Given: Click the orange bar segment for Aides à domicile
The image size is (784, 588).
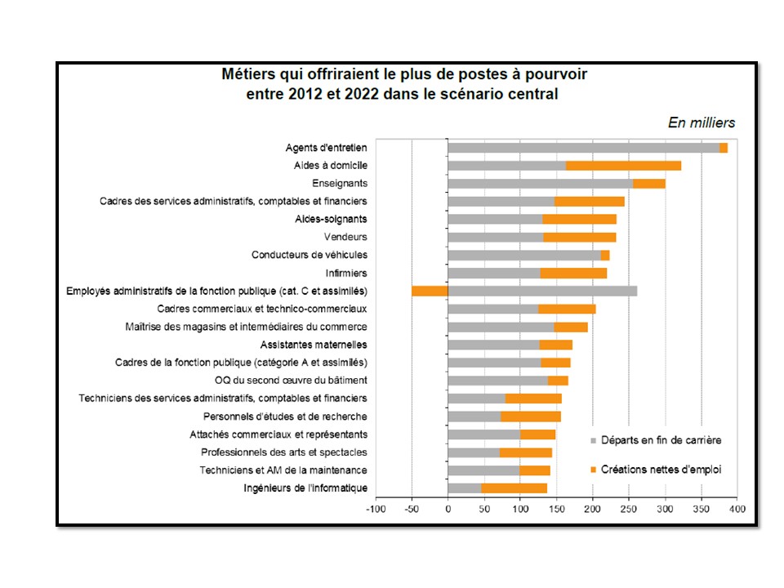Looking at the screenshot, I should pos(623,166).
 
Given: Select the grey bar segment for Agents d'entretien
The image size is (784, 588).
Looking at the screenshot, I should pos(583,148).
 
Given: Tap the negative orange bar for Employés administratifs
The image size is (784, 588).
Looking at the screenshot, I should pos(430,291).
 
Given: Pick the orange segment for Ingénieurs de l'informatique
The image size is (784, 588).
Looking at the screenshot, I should pos(514,488).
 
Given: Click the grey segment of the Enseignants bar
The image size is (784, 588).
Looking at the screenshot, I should pos(540,184).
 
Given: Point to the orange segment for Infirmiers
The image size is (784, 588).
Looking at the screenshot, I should pos(573,273).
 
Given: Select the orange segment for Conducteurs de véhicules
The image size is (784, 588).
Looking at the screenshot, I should pos(605,255).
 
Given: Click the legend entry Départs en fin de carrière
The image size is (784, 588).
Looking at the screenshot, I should pos(661,441).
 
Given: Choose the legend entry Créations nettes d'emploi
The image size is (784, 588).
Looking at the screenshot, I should pos(661,470).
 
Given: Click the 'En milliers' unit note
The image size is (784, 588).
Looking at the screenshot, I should pos(702,123).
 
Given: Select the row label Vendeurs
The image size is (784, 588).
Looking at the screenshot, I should pos(345,237).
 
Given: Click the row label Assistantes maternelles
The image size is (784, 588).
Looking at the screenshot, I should pos(314,345).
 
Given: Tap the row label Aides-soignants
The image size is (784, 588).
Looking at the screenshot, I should pos(331,219).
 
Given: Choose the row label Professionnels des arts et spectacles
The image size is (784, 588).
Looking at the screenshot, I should pos(284,452).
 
